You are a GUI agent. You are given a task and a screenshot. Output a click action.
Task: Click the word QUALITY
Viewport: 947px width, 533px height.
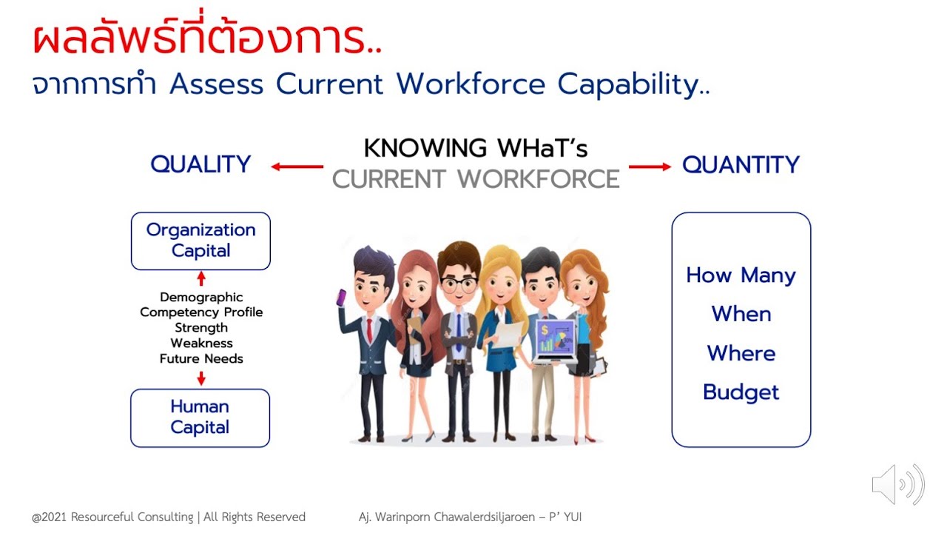[200, 164]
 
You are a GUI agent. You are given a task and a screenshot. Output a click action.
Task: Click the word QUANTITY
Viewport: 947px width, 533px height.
[741, 164]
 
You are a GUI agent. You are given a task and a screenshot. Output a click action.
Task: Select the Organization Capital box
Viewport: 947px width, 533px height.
[200, 241]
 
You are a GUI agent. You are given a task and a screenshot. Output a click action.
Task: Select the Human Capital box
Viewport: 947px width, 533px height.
[200, 418]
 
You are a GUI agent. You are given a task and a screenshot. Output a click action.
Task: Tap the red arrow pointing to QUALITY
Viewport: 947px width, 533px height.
[297, 167]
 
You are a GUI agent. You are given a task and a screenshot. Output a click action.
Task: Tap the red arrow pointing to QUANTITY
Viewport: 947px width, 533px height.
[650, 167]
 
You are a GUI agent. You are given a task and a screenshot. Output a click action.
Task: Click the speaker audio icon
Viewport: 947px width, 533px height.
[897, 485]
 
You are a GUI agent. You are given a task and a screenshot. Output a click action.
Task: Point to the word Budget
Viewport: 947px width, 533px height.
[741, 392]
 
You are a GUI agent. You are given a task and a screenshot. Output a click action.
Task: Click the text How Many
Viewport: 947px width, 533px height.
[741, 275]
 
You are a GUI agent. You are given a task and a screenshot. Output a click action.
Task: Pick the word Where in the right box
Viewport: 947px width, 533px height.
[741, 353]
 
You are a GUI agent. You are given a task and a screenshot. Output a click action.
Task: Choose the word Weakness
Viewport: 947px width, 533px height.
[201, 343]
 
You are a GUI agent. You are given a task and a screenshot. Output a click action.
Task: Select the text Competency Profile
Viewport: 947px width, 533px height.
[201, 312]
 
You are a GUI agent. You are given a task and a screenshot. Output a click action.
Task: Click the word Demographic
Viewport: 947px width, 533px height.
[201, 298]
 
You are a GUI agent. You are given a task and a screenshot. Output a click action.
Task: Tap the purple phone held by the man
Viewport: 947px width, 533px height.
[342, 298]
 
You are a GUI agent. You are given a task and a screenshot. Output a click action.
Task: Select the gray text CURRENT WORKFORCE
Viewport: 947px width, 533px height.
[476, 179]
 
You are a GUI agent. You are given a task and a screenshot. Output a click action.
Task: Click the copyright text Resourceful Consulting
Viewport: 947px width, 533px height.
[168, 517]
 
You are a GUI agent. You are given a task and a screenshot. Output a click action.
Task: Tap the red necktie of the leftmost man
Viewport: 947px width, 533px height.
[368, 329]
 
